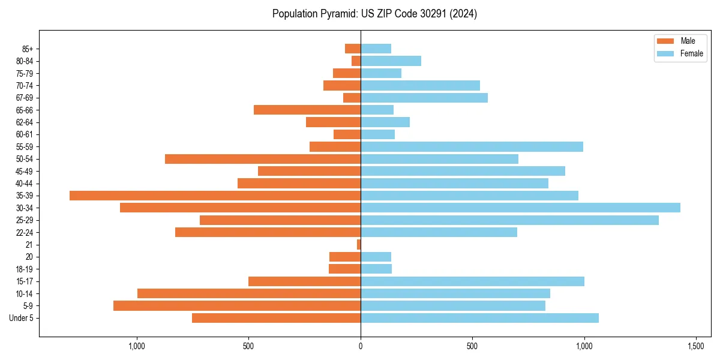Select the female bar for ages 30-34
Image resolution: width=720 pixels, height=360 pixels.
point(520,208)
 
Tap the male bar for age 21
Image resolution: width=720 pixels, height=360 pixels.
point(359,244)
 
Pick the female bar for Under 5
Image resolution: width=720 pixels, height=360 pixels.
point(479,318)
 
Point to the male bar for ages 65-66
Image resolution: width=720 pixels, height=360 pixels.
point(307,110)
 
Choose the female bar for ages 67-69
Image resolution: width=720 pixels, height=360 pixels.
point(424,98)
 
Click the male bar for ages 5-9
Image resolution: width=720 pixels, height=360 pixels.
point(237,306)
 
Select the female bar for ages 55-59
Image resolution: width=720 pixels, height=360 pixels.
point(472,146)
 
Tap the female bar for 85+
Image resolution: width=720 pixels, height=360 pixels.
point(376,49)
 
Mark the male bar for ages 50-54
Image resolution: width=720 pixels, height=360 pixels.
point(263,159)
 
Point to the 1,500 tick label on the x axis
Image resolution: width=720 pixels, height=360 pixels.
point(696,346)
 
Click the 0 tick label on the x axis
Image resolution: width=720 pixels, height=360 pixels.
point(361,346)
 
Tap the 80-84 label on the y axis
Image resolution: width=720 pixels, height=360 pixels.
point(25,61)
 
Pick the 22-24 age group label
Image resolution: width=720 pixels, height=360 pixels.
point(25,233)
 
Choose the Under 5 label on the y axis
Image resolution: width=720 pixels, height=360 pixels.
point(22,318)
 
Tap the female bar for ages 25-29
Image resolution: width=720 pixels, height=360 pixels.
point(509,220)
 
